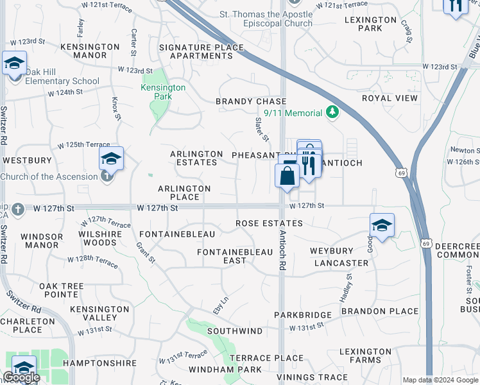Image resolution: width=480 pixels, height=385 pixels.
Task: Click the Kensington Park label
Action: [163, 92]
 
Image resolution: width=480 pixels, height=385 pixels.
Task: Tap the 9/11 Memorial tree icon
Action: [332, 113]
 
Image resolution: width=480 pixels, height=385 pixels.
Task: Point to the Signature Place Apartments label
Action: [202, 51]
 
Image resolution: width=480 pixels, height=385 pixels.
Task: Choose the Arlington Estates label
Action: [196, 158]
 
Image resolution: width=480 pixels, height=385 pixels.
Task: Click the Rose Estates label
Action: [269, 223]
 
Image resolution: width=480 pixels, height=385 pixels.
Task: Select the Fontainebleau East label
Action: [235, 256]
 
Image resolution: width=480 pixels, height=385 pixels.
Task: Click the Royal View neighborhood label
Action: [390, 98]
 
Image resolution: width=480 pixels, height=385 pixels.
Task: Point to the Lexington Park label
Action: [371, 24]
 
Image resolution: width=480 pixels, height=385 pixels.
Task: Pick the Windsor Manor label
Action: [42, 241]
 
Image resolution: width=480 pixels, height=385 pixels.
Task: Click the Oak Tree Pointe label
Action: [62, 289]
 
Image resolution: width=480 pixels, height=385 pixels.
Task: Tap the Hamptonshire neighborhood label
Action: [101, 363]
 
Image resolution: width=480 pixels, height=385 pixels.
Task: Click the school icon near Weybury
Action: [382, 225]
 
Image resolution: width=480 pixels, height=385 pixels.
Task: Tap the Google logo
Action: [21, 377]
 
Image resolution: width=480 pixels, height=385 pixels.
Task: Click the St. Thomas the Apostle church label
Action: [275, 19]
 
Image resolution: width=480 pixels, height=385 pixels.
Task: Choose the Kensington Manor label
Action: [90, 51]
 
